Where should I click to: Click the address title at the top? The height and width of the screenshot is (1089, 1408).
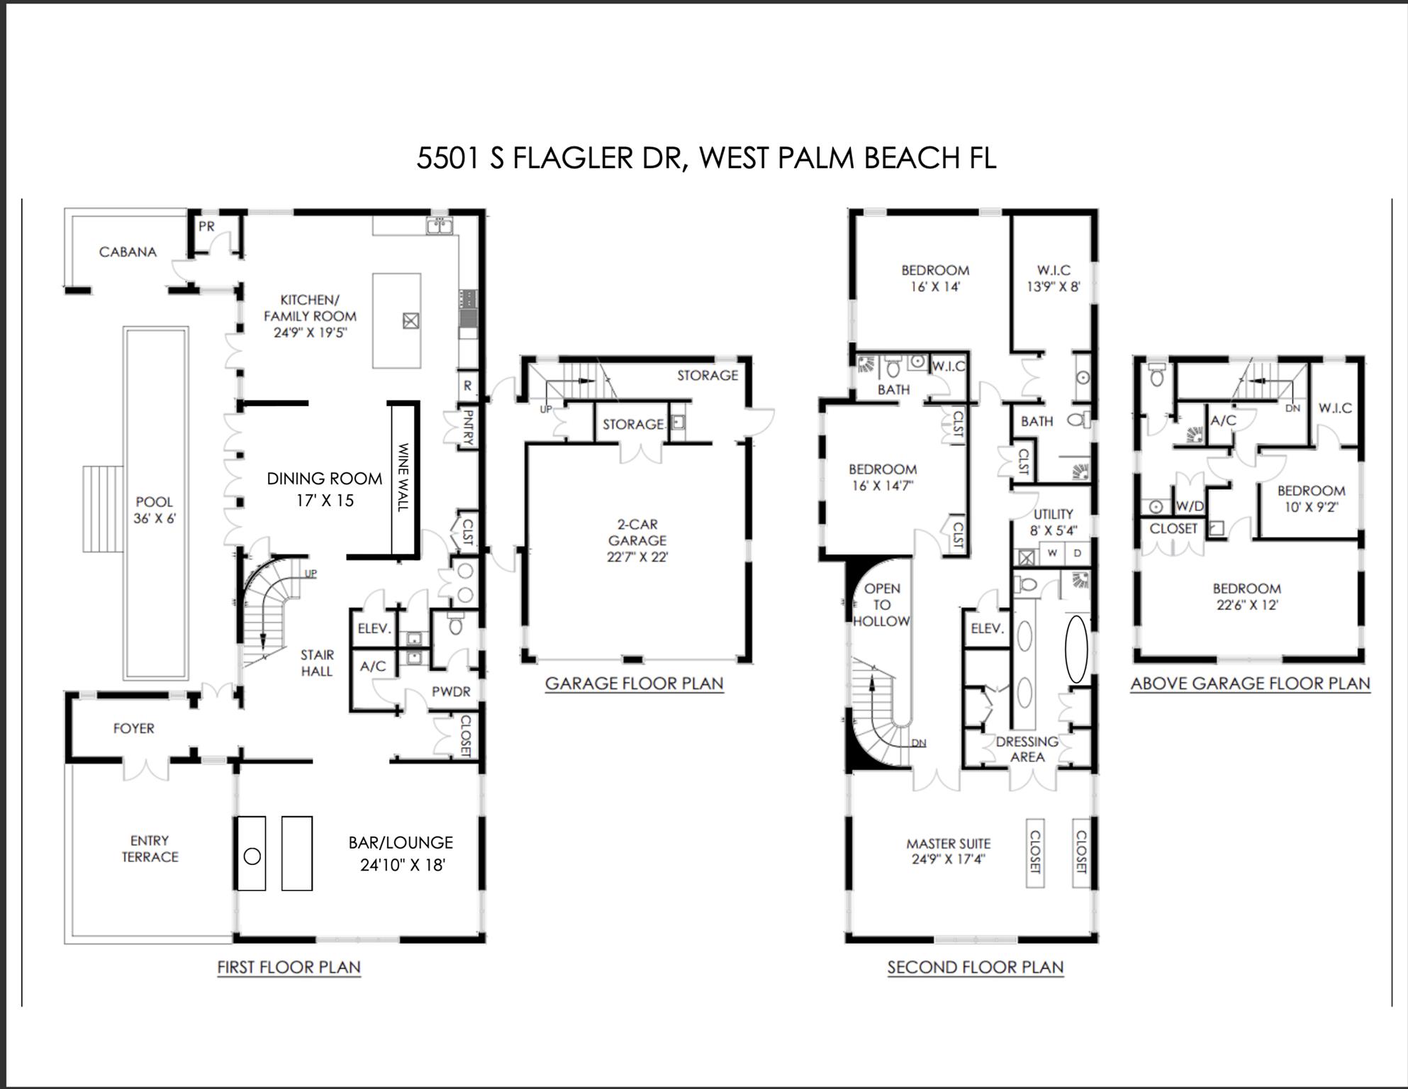pos(705,157)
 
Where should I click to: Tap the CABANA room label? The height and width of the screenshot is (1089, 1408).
pos(128,252)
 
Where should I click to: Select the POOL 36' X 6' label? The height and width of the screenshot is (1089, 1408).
pos(155,510)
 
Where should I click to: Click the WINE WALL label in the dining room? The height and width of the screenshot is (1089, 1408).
pos(403,477)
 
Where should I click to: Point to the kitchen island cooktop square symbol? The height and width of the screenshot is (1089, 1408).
pos(410,321)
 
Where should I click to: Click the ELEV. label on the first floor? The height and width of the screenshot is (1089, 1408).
pos(374,628)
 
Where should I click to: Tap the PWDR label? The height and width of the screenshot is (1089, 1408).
pos(451,691)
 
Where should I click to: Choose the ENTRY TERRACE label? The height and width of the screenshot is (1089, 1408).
pos(150,849)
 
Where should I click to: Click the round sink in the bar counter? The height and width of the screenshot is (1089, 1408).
pos(252,856)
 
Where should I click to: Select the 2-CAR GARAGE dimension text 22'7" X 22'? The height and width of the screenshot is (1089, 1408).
pos(637,557)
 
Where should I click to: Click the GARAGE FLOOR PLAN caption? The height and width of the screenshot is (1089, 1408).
pos(634,683)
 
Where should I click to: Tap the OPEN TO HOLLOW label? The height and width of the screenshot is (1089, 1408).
pos(881,605)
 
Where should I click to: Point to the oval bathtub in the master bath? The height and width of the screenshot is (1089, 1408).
pos(1076,649)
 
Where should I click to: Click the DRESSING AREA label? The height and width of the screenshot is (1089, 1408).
pos(1027,749)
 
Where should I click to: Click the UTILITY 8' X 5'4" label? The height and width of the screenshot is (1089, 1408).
pos(1053,522)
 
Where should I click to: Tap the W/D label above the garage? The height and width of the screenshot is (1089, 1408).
pos(1190,506)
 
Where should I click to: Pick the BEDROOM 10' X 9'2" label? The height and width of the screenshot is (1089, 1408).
pos(1311,498)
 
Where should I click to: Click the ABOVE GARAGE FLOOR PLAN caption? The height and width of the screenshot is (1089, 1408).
pos(1250,683)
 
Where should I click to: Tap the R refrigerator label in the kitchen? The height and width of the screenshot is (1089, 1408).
pos(467,386)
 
